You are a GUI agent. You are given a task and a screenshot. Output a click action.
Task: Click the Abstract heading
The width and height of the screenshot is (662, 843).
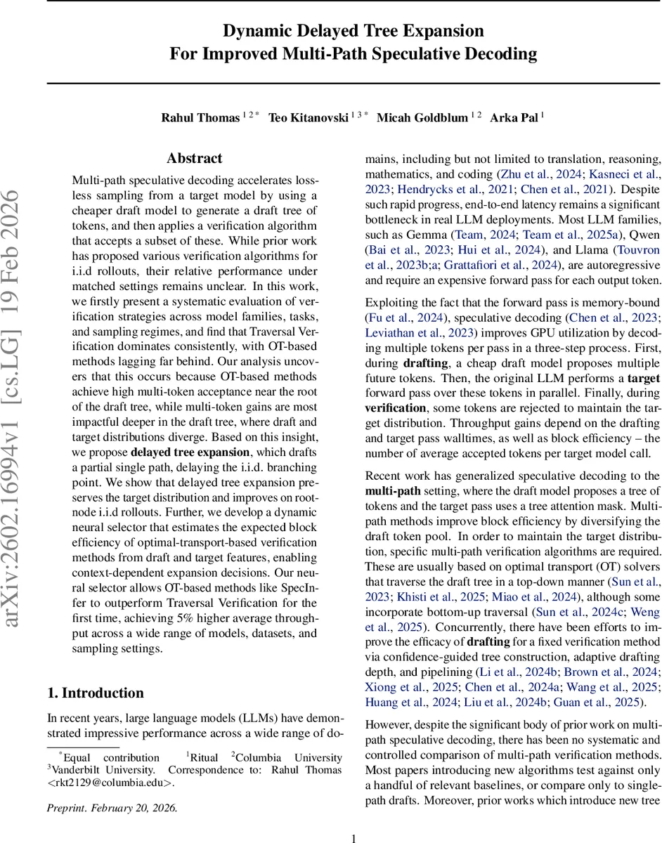pyautogui.click(x=195, y=159)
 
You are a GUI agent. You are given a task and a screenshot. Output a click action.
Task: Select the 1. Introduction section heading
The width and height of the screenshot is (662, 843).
pyautogui.click(x=96, y=693)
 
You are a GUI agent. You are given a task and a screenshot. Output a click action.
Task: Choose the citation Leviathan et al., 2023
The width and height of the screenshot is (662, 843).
pyautogui.click(x=414, y=332)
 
